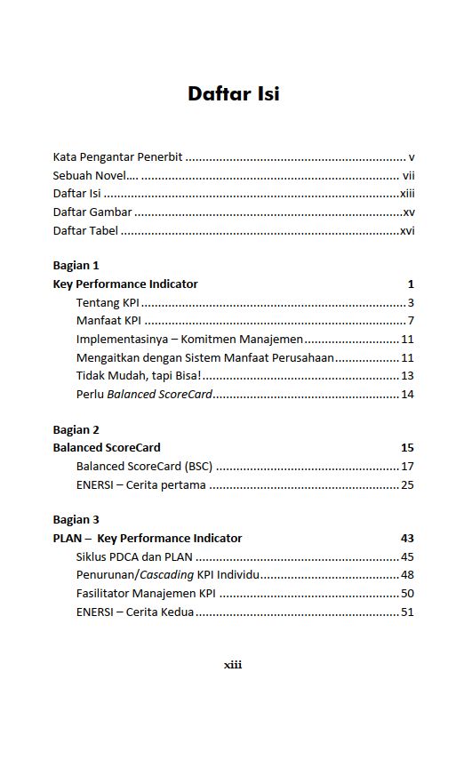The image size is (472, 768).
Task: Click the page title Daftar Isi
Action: pos(234,94)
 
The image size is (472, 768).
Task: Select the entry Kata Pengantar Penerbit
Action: pos(117,156)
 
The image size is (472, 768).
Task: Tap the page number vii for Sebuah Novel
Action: pos(409,175)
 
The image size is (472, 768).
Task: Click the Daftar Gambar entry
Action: pos(92,212)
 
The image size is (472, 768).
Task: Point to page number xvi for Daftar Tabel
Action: pos(407,231)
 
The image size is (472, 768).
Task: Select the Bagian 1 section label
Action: pos(76,265)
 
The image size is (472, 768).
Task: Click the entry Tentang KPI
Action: pos(108,303)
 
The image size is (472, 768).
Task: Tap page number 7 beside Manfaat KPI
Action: pos(411,321)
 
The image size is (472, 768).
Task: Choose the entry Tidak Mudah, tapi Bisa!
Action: pos(139,376)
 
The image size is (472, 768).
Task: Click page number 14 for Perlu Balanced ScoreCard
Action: pos(407,394)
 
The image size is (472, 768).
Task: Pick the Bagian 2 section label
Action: pos(76,429)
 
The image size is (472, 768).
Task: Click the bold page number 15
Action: pos(407,447)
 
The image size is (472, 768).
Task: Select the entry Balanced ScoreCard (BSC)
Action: pos(145,466)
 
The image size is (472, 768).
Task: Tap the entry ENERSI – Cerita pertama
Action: pos(140,484)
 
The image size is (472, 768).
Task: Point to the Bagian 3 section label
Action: pos(76,519)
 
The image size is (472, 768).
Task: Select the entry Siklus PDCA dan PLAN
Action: pos(134,556)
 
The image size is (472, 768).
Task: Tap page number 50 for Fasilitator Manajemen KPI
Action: pos(407,593)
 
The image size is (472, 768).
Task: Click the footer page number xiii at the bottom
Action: pos(233,664)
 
